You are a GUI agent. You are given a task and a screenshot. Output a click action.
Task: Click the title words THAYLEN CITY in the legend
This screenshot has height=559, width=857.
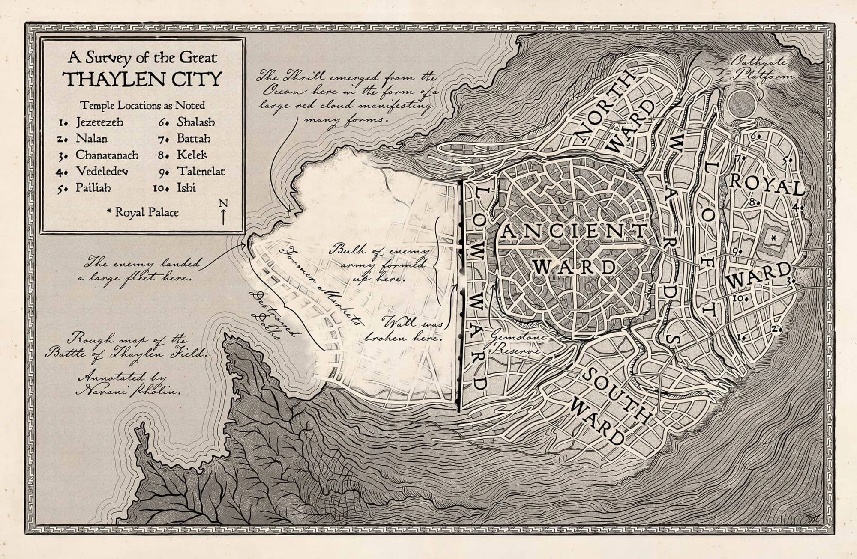tap(143, 79)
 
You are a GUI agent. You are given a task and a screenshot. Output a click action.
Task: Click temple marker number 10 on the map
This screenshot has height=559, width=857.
tap(740, 298)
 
